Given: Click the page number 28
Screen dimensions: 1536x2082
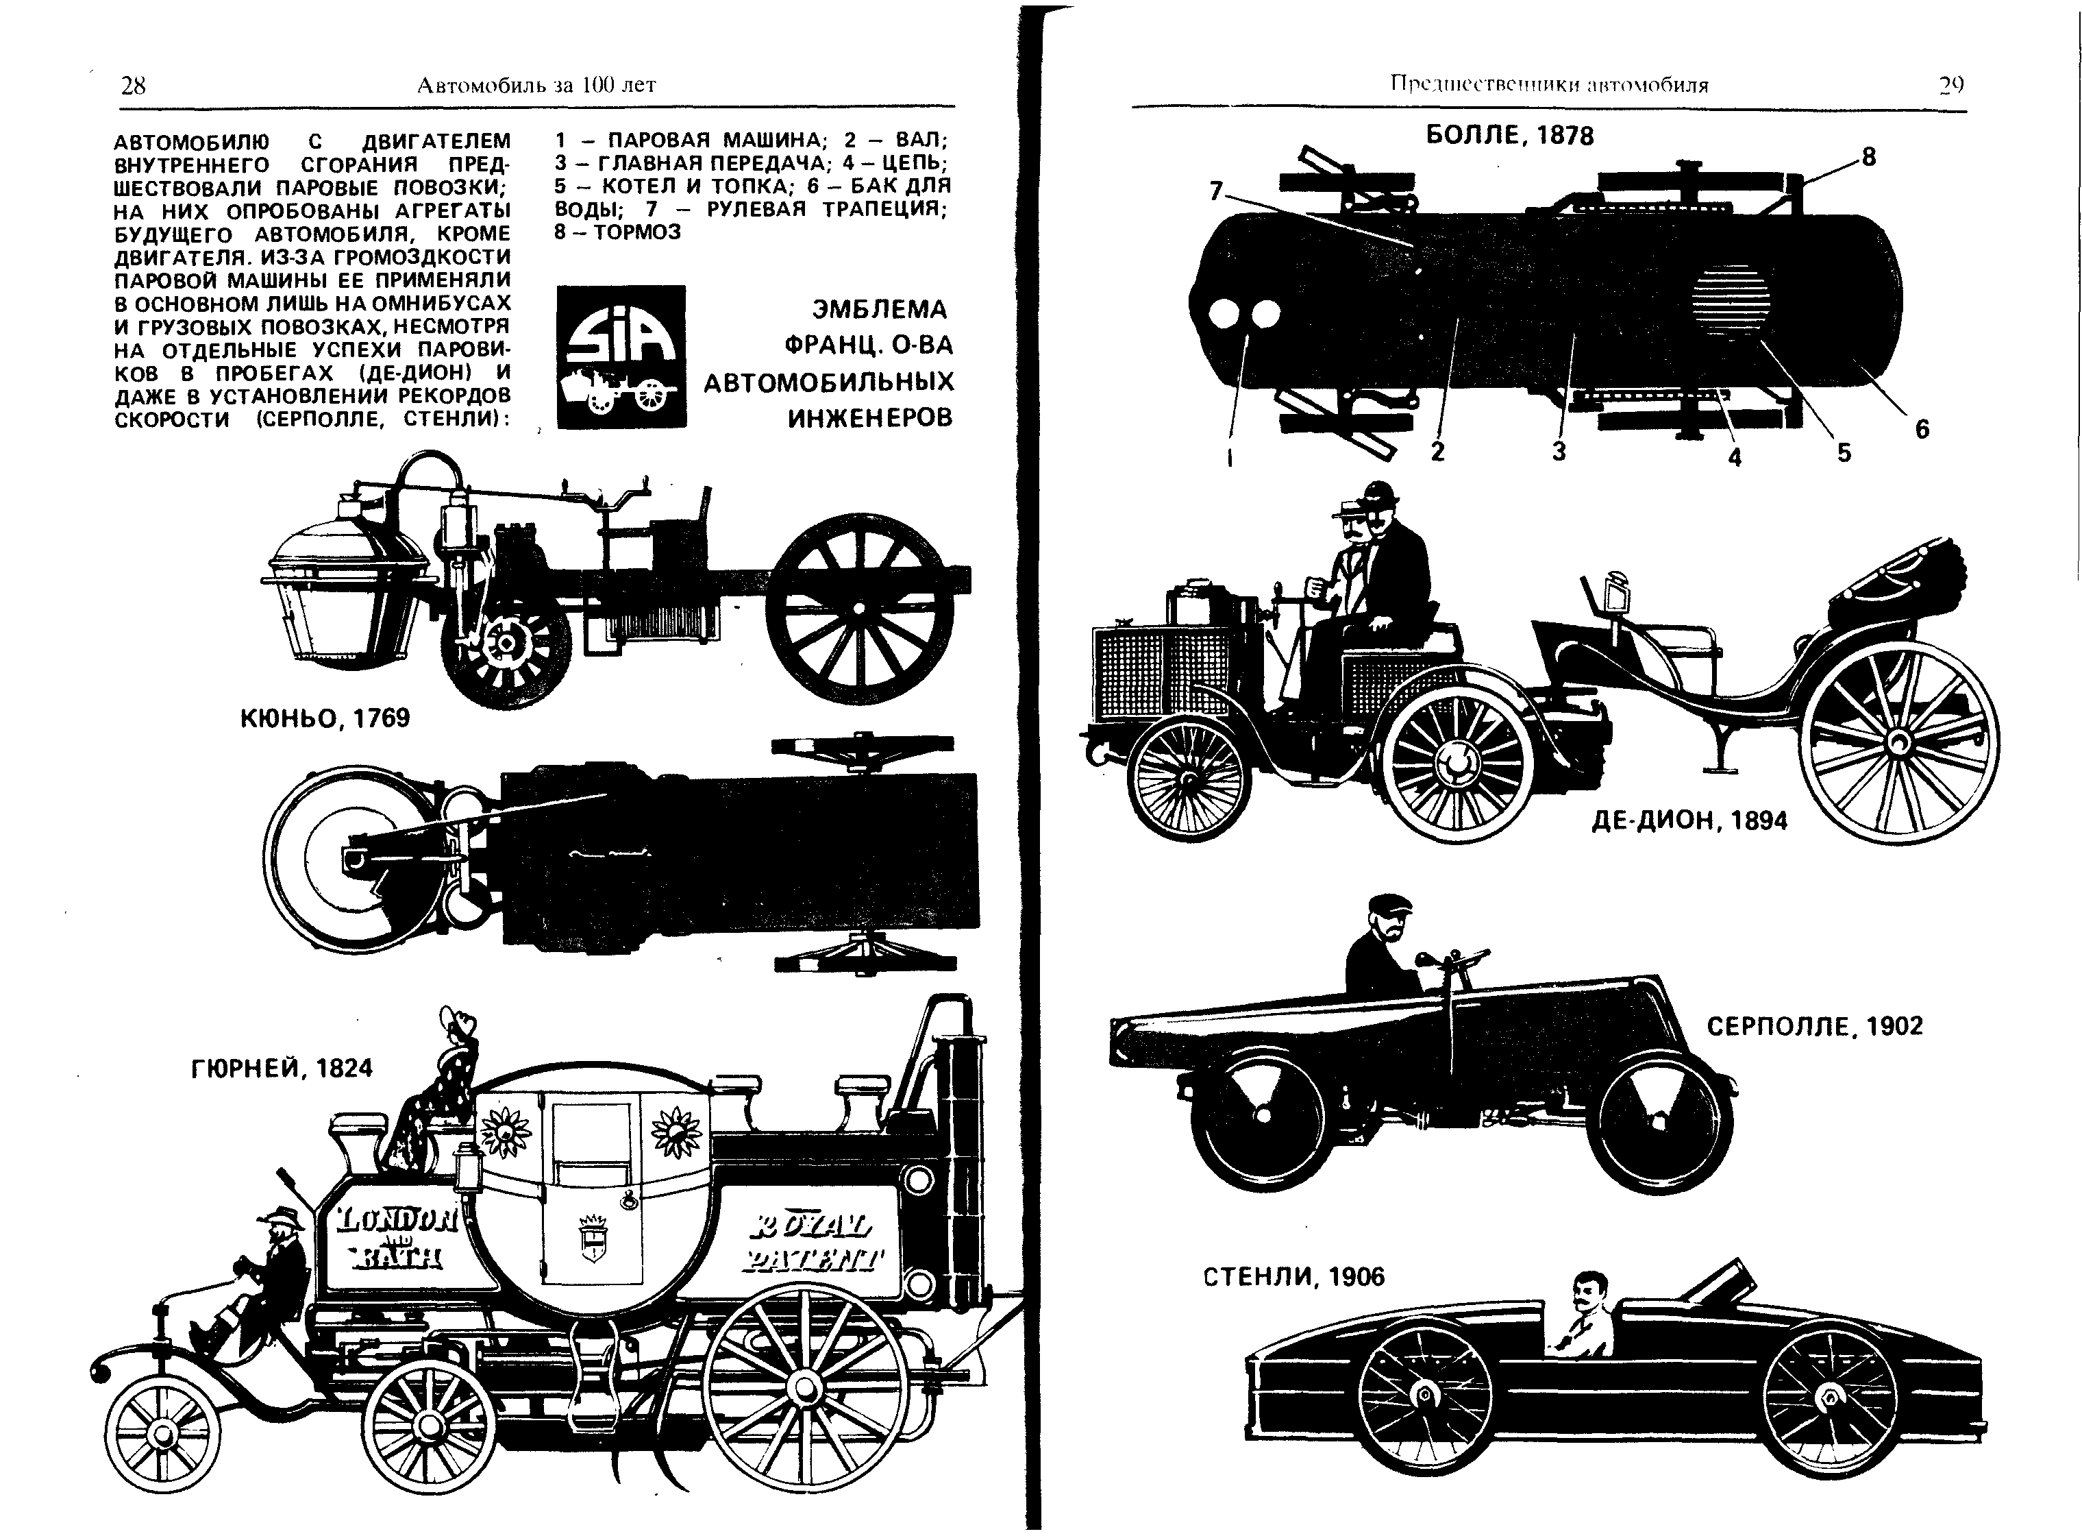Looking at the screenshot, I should click(x=133, y=86).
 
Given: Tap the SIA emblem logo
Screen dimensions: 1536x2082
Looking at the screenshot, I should click(x=621, y=356).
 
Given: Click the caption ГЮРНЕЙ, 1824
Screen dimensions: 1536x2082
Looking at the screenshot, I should click(x=282, y=1069).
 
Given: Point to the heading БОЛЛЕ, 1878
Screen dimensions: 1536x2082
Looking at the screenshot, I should click(x=1509, y=136).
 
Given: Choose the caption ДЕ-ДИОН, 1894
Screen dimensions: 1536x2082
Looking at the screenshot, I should click(x=1689, y=820).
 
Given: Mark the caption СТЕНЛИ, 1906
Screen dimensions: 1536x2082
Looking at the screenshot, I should click(x=1294, y=1277).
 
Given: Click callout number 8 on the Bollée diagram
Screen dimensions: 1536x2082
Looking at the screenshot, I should click(x=1869, y=157).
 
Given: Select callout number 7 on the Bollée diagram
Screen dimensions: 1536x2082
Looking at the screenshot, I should click(x=1216, y=191).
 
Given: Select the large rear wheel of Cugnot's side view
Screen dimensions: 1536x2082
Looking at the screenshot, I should click(x=859, y=608).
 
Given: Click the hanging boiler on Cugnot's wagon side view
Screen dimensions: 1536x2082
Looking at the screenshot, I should click(x=346, y=587).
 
